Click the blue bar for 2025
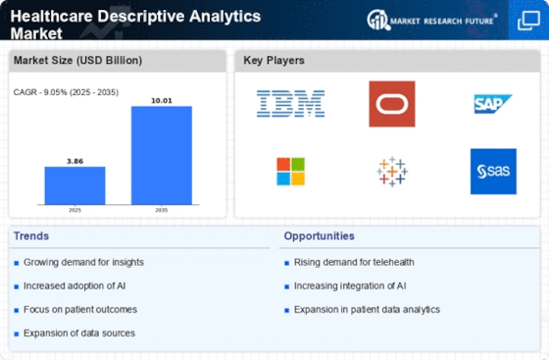(x=75, y=185)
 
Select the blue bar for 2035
(x=162, y=155)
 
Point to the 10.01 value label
(x=162, y=101)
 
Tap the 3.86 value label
(x=75, y=162)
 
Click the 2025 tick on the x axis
(x=75, y=210)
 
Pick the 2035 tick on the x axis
(x=162, y=210)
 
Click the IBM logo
(x=290, y=104)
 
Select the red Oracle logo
(x=392, y=104)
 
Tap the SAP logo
(x=492, y=104)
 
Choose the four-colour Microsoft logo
(x=290, y=172)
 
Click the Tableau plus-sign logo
(x=392, y=172)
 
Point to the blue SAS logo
(x=493, y=172)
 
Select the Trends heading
(x=31, y=236)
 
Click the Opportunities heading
(x=320, y=236)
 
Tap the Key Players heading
(x=274, y=60)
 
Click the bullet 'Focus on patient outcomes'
(x=80, y=310)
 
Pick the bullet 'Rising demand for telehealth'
(x=354, y=262)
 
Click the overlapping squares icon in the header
(x=528, y=21)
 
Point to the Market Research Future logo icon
(x=378, y=20)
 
